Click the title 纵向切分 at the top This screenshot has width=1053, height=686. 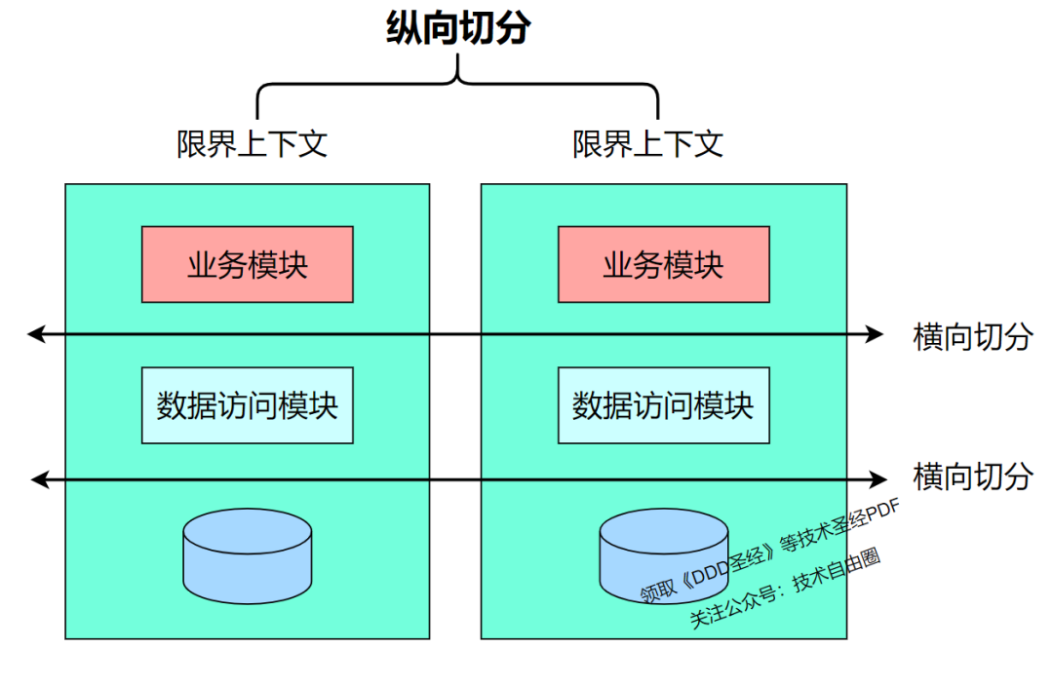(457, 28)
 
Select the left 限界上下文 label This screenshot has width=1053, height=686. (252, 144)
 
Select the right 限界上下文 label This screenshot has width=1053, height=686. (647, 144)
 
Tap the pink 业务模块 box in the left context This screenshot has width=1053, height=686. (248, 264)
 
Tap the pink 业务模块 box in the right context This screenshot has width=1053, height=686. (663, 264)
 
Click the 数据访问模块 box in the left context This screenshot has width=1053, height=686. (248, 405)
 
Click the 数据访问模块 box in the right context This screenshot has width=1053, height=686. (663, 405)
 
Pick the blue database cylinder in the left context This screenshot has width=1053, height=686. (248, 553)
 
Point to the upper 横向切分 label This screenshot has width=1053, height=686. (972, 336)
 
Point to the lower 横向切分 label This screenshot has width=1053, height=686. (972, 476)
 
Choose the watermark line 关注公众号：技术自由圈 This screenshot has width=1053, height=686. (786, 588)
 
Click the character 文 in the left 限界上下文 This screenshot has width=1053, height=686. (312, 144)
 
